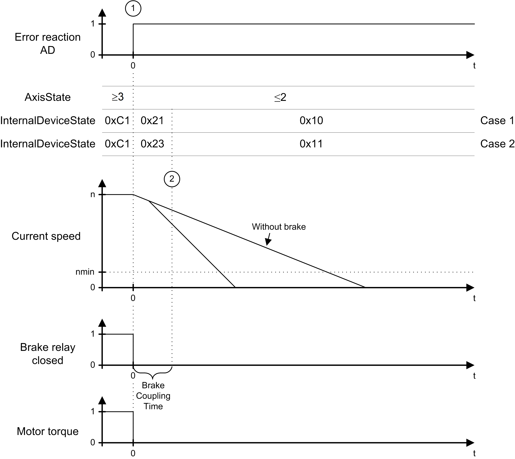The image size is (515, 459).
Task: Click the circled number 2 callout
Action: (172, 179)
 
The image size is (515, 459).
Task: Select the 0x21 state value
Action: (152, 121)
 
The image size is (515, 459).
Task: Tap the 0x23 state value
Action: (152, 144)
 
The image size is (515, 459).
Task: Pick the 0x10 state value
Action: (311, 121)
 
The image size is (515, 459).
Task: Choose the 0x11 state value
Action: (311, 144)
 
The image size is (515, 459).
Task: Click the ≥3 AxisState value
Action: (118, 97)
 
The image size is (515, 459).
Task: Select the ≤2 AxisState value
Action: (280, 98)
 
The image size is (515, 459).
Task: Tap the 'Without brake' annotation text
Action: (279, 227)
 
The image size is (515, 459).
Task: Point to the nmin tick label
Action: (85, 272)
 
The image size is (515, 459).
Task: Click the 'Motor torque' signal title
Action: (48, 431)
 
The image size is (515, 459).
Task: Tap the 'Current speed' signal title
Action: (46, 236)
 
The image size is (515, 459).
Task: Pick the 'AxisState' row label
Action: (48, 97)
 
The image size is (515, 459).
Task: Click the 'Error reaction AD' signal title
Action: (48, 43)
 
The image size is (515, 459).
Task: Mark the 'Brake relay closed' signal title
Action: (48, 354)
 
